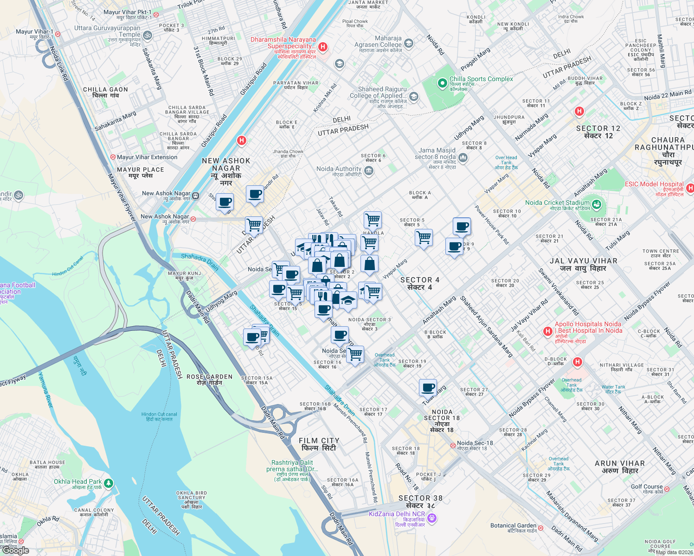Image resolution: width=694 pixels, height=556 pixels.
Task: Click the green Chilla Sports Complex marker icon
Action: click(x=443, y=83)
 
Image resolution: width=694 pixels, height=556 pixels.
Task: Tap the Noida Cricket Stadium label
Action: click(x=557, y=203)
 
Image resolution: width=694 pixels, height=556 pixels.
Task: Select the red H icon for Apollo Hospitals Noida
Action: click(x=547, y=332)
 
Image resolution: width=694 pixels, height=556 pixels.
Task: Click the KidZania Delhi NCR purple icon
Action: click(x=432, y=518)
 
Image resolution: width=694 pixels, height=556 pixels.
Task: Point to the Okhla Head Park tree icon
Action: click(x=109, y=483)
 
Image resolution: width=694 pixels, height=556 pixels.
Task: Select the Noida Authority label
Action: click(x=339, y=170)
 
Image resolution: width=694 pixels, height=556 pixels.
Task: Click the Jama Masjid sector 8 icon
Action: click(x=463, y=158)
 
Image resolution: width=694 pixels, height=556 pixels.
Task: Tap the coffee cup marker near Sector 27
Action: click(x=428, y=387)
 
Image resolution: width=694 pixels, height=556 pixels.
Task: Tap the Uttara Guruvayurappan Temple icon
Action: click(x=147, y=35)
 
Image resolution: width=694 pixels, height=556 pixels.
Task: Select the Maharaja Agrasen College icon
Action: click(x=409, y=44)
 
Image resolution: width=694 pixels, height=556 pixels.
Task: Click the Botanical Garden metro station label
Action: click(x=513, y=526)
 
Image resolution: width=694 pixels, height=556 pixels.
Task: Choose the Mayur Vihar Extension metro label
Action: click(x=147, y=157)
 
